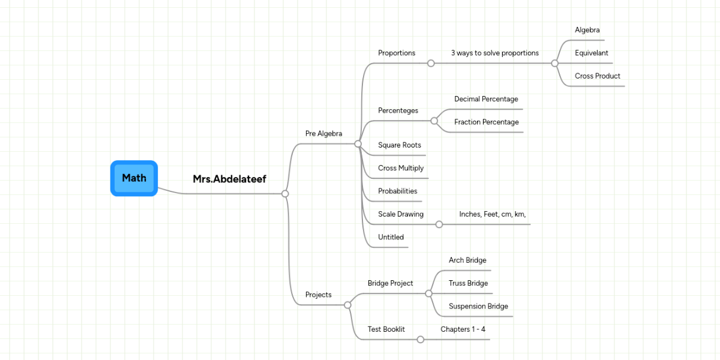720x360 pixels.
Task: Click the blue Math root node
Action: (134, 178)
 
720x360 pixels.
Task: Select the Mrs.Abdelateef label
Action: (229, 179)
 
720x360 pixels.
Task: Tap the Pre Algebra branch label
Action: (323, 133)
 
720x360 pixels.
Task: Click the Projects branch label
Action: (318, 295)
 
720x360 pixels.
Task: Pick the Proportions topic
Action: (396, 53)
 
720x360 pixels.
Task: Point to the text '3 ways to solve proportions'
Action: (494, 53)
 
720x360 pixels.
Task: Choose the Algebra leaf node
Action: (587, 30)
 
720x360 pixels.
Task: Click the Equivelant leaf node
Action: (591, 53)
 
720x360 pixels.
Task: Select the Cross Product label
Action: (597, 76)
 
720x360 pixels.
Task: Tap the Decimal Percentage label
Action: (486, 99)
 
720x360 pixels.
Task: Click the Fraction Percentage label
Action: (486, 122)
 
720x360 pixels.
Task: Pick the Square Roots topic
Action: (399, 145)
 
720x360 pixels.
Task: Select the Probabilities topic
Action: (397, 191)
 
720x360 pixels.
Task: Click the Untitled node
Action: (391, 237)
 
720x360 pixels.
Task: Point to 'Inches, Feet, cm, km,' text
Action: (493, 214)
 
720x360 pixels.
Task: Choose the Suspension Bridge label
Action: (478, 306)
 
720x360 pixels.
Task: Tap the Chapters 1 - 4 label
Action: (463, 329)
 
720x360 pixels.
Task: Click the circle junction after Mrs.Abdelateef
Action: (285, 193)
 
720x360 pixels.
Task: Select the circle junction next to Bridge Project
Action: (428, 293)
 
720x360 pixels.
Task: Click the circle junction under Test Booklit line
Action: (420, 340)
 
